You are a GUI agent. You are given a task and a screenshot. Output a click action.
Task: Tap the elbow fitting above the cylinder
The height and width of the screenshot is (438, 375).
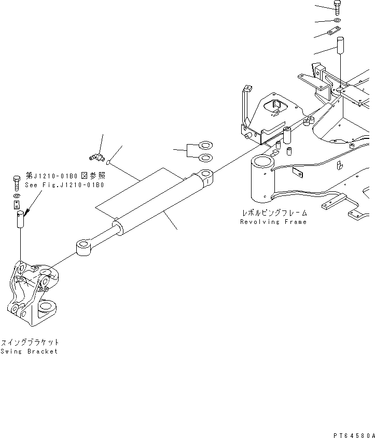94,156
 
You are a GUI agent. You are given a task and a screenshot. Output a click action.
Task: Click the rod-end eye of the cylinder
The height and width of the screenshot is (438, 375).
84,247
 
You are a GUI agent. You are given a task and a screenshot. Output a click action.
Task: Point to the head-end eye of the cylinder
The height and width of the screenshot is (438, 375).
205,178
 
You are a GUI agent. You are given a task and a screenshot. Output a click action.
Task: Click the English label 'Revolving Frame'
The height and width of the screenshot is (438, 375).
273,222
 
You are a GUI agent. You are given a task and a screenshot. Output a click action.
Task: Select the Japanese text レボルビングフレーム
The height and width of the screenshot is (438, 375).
273,213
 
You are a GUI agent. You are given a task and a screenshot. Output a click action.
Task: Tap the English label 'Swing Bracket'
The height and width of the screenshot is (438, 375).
29,351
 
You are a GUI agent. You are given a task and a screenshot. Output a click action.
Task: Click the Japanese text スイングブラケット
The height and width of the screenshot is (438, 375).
30,342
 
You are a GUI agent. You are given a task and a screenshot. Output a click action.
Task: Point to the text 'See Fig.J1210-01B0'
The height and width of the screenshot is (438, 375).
65,185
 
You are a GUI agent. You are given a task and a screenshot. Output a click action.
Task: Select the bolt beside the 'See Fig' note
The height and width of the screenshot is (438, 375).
16,182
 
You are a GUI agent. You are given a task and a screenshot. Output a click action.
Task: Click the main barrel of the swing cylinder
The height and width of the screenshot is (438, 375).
156,205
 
